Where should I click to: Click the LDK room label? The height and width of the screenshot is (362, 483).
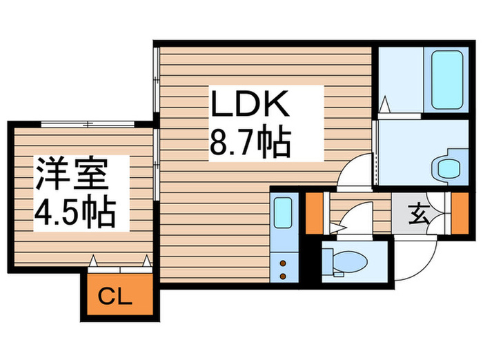click(250, 103)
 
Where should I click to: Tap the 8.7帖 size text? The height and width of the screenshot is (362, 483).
click(250, 143)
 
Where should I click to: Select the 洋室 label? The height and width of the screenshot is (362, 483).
click(72, 174)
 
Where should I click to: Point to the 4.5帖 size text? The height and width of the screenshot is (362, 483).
click(75, 212)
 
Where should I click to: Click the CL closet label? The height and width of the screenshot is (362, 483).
click(115, 297)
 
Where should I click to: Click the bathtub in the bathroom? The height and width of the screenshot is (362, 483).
click(447, 80)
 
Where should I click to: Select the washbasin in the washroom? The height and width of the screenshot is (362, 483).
click(449, 168)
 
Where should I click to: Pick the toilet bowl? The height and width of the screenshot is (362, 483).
click(350, 262)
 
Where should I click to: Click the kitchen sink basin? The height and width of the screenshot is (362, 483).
click(283, 212)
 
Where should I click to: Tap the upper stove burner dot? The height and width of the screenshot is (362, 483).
click(283, 263)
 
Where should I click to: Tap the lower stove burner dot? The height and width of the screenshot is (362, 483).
click(283, 276)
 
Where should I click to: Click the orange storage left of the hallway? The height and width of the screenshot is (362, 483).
click(314, 213)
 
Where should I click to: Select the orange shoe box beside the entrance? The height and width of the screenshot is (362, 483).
click(460, 213)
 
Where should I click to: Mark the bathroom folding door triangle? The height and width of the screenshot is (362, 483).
click(384, 105)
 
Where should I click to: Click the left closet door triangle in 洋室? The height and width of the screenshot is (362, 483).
click(93, 261)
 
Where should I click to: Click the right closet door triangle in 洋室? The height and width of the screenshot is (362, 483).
click(147, 261)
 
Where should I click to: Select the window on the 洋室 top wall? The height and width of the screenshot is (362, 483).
click(88, 124)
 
